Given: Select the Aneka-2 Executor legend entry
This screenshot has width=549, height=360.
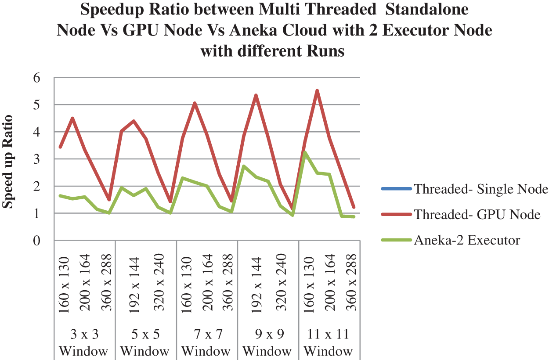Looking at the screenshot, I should pos(467,240).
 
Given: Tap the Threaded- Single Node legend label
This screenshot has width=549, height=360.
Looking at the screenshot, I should pos(481,190).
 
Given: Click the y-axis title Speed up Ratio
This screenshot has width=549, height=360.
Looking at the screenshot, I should pos(9,161).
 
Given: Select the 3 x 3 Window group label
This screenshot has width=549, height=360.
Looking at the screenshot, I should pos(84,342).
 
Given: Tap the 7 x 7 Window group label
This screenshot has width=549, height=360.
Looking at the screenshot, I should pos(206,342).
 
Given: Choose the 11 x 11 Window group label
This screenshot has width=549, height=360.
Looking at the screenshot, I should pos(329,342).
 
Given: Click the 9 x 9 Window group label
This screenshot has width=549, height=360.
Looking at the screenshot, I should pos(267,342).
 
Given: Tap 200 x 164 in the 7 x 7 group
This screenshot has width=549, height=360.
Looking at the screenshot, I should pos(206,283).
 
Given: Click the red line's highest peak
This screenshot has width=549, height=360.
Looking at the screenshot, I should pos(317,90).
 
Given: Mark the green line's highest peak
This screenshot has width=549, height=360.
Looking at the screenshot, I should pos(305,152).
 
